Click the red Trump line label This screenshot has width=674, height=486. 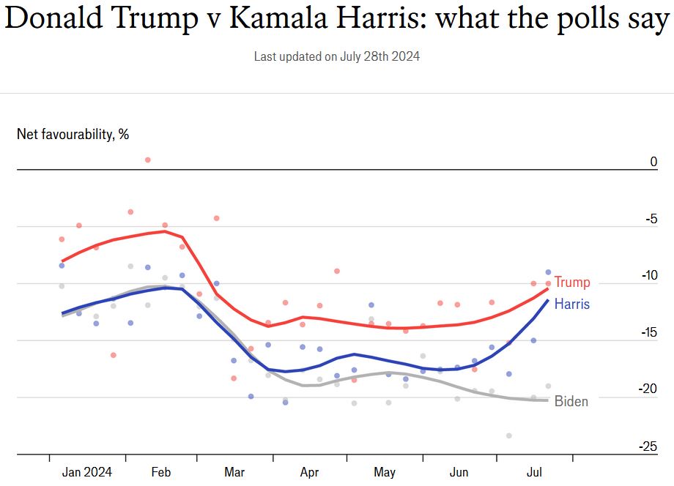571,283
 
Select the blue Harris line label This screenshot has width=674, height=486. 571,304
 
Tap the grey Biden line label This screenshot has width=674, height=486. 571,401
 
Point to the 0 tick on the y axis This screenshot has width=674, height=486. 653,162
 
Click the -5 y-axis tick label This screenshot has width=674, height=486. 651,219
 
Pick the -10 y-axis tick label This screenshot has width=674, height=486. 649,275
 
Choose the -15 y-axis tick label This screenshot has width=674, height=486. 649,332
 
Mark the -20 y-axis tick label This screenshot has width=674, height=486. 649,389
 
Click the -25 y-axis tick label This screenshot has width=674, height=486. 649,446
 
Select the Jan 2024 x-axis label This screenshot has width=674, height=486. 87,472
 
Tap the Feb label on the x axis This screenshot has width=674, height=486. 161,472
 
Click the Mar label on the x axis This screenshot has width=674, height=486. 234,472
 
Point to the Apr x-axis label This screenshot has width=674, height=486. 309,472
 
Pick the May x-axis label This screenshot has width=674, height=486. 384,472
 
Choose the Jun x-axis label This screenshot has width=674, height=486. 459,472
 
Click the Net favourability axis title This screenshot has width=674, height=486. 73,134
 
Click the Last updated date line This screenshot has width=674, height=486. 337,56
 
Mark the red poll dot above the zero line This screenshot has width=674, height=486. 147,160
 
